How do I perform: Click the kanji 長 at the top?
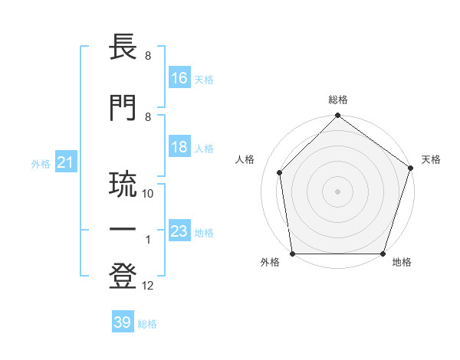124,48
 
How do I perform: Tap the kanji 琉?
124,185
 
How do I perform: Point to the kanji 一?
124,230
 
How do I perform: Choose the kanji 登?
124,278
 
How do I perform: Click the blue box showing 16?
179,78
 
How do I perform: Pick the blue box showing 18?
179,148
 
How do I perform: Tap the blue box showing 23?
179,231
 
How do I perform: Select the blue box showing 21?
65,162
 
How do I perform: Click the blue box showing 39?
123,322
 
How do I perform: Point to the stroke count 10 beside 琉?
148,194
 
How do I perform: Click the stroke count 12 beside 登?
148,286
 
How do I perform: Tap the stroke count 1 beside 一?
148,240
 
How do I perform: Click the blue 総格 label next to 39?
148,323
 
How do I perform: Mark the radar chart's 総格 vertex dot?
337,116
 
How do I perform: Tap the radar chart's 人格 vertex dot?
280,172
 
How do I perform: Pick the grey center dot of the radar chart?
337,191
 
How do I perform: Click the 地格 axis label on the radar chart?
402,263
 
